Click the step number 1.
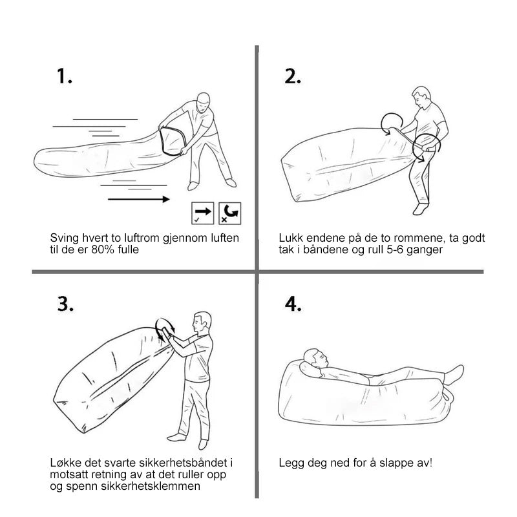pyautogui.click(x=64, y=76)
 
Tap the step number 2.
pyautogui.click(x=293, y=76)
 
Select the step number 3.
pyautogui.click(x=65, y=304)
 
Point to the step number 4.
pyautogui.click(x=293, y=304)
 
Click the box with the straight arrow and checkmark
pyautogui.click(x=203, y=213)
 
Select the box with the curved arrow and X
pyautogui.click(x=230, y=213)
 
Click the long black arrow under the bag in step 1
pyautogui.click(x=139, y=199)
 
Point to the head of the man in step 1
pyautogui.click(x=204, y=101)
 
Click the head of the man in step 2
pyautogui.click(x=422, y=96)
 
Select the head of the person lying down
pyautogui.click(x=316, y=358)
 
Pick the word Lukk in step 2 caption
pyautogui.click(x=289, y=238)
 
